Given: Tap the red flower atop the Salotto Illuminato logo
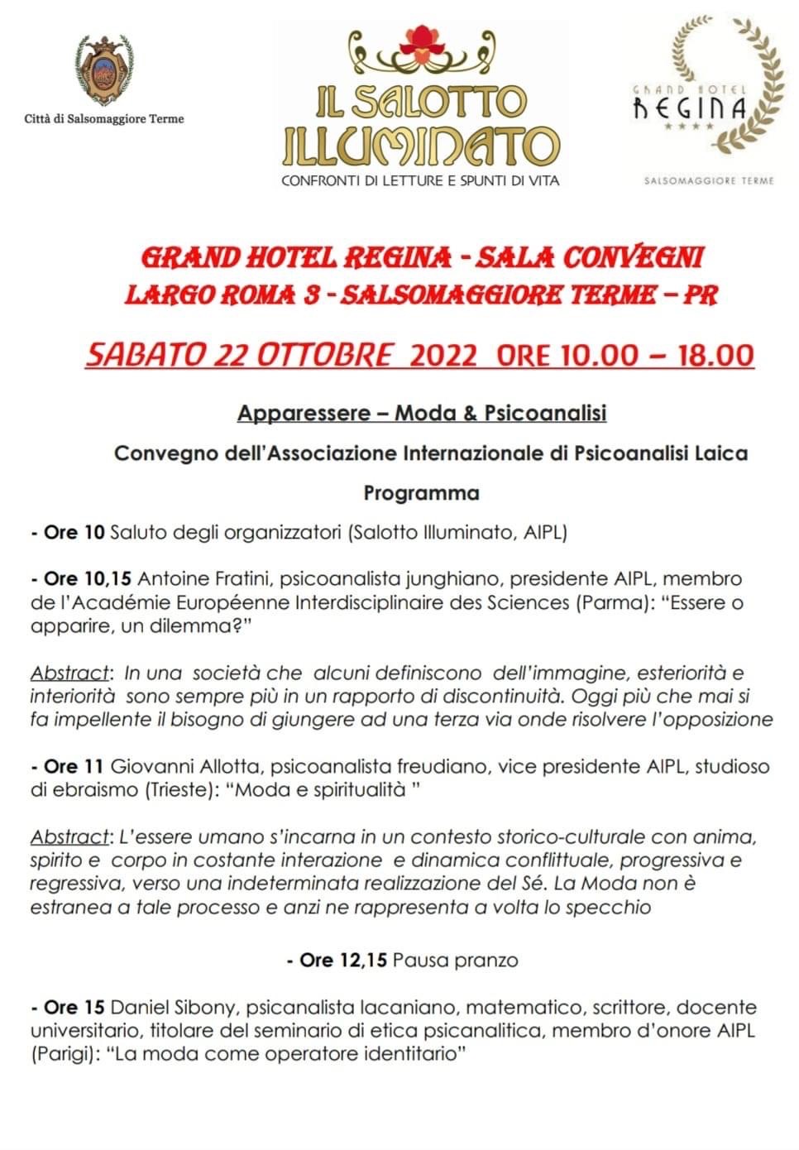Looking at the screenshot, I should (x=422, y=41).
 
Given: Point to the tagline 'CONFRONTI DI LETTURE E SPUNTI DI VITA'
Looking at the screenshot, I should (x=420, y=180).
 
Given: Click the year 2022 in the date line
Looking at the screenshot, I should (x=443, y=355).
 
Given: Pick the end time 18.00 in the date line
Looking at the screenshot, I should (x=716, y=355).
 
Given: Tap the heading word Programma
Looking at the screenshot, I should (x=421, y=493).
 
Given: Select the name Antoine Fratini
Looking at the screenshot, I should (x=198, y=579).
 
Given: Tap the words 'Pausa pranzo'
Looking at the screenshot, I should (x=456, y=961).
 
